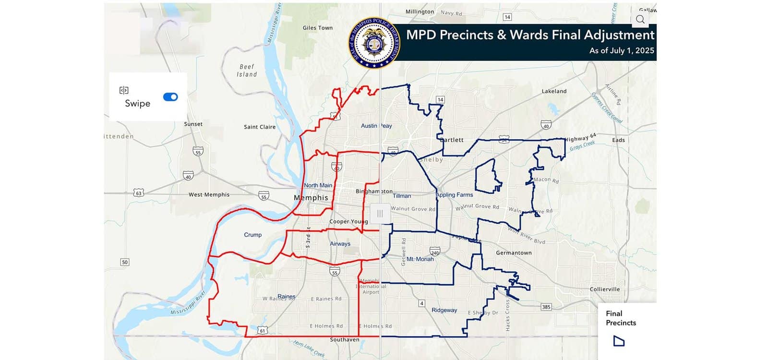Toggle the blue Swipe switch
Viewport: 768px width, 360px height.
[x=170, y=97]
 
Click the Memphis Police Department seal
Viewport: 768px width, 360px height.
[x=374, y=43]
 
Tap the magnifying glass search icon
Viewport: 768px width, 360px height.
[x=640, y=19]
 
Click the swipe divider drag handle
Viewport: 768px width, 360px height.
[x=380, y=214]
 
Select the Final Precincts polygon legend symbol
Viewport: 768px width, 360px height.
[x=619, y=341]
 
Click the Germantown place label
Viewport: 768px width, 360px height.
[x=514, y=253]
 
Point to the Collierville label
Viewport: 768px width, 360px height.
[x=604, y=289]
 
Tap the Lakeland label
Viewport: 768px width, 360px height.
[x=554, y=91]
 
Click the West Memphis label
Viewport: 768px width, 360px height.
[x=209, y=195]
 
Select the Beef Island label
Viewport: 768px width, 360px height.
[x=247, y=71]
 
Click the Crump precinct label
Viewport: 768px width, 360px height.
[x=252, y=235]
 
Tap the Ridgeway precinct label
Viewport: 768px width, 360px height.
[x=444, y=310]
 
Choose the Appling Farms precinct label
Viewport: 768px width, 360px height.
[x=454, y=195]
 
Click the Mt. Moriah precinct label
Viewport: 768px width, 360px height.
[x=420, y=259]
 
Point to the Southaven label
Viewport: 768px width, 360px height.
[x=344, y=340]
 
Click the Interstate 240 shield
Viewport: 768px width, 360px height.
[x=435, y=252]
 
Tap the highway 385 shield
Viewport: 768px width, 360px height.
[x=546, y=307]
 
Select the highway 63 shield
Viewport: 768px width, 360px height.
[x=139, y=193]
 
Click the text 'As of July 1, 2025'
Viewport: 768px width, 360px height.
[x=622, y=50]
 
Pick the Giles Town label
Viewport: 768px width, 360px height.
[x=317, y=28]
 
